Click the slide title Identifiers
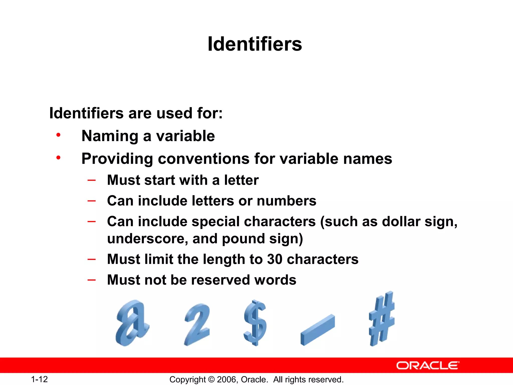click(x=255, y=44)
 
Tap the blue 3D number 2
click(x=197, y=325)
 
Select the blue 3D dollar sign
click(x=255, y=323)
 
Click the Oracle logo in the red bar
click(x=428, y=365)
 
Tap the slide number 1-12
click(x=39, y=379)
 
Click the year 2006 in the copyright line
click(x=226, y=379)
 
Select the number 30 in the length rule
click(x=275, y=259)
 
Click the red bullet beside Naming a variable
click(x=58, y=135)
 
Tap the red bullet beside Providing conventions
click(x=58, y=158)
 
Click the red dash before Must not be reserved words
click(x=92, y=280)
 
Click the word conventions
click(x=204, y=159)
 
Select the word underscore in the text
click(x=147, y=239)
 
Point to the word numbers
click(x=287, y=201)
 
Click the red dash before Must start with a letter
click(x=92, y=180)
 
